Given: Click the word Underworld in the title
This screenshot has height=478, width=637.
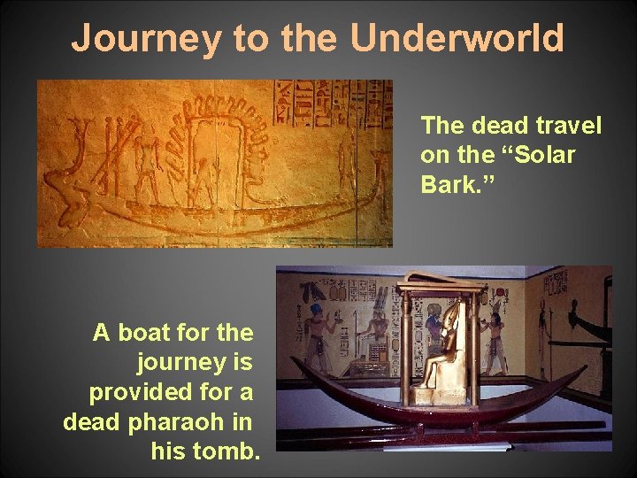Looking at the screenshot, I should [457, 39].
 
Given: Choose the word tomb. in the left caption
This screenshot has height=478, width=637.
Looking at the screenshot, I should [205, 451].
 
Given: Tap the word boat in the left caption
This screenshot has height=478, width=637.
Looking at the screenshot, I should [147, 333].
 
